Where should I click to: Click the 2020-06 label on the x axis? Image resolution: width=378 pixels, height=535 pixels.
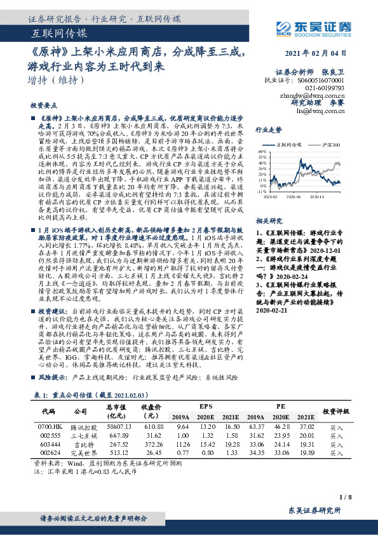pyautogui.click(x=294, y=196)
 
